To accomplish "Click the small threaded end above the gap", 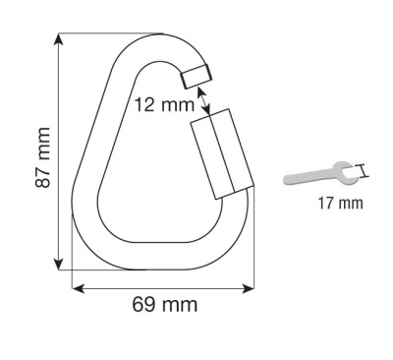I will pos(196,75).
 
